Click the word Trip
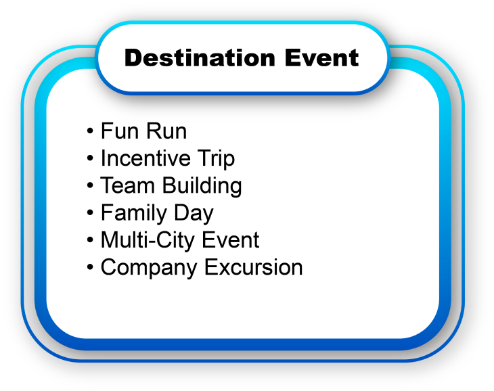(x=216, y=159)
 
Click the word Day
(x=194, y=214)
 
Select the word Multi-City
(x=149, y=240)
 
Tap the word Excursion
(x=253, y=267)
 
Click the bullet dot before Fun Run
(x=90, y=131)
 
